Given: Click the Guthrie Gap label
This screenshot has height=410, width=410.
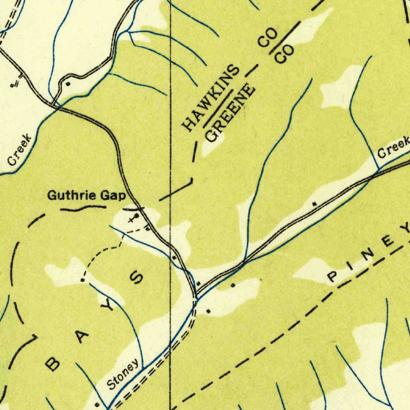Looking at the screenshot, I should pos(86,195).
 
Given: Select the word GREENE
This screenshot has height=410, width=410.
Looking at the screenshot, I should pos(231,113).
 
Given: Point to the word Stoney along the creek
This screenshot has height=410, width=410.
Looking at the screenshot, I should pos(124,374).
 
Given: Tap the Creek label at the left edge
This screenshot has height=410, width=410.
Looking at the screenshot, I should pos(20,151).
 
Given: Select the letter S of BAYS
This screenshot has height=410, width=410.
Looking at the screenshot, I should pos(137,277).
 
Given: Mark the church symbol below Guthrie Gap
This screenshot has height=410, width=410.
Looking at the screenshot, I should pos(134,218).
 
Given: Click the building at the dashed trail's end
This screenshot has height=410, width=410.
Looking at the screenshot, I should pos(82,280).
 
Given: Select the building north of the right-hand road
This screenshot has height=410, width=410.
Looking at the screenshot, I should pos(314,204).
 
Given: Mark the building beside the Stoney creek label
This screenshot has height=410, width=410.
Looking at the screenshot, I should pos(96,405).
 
